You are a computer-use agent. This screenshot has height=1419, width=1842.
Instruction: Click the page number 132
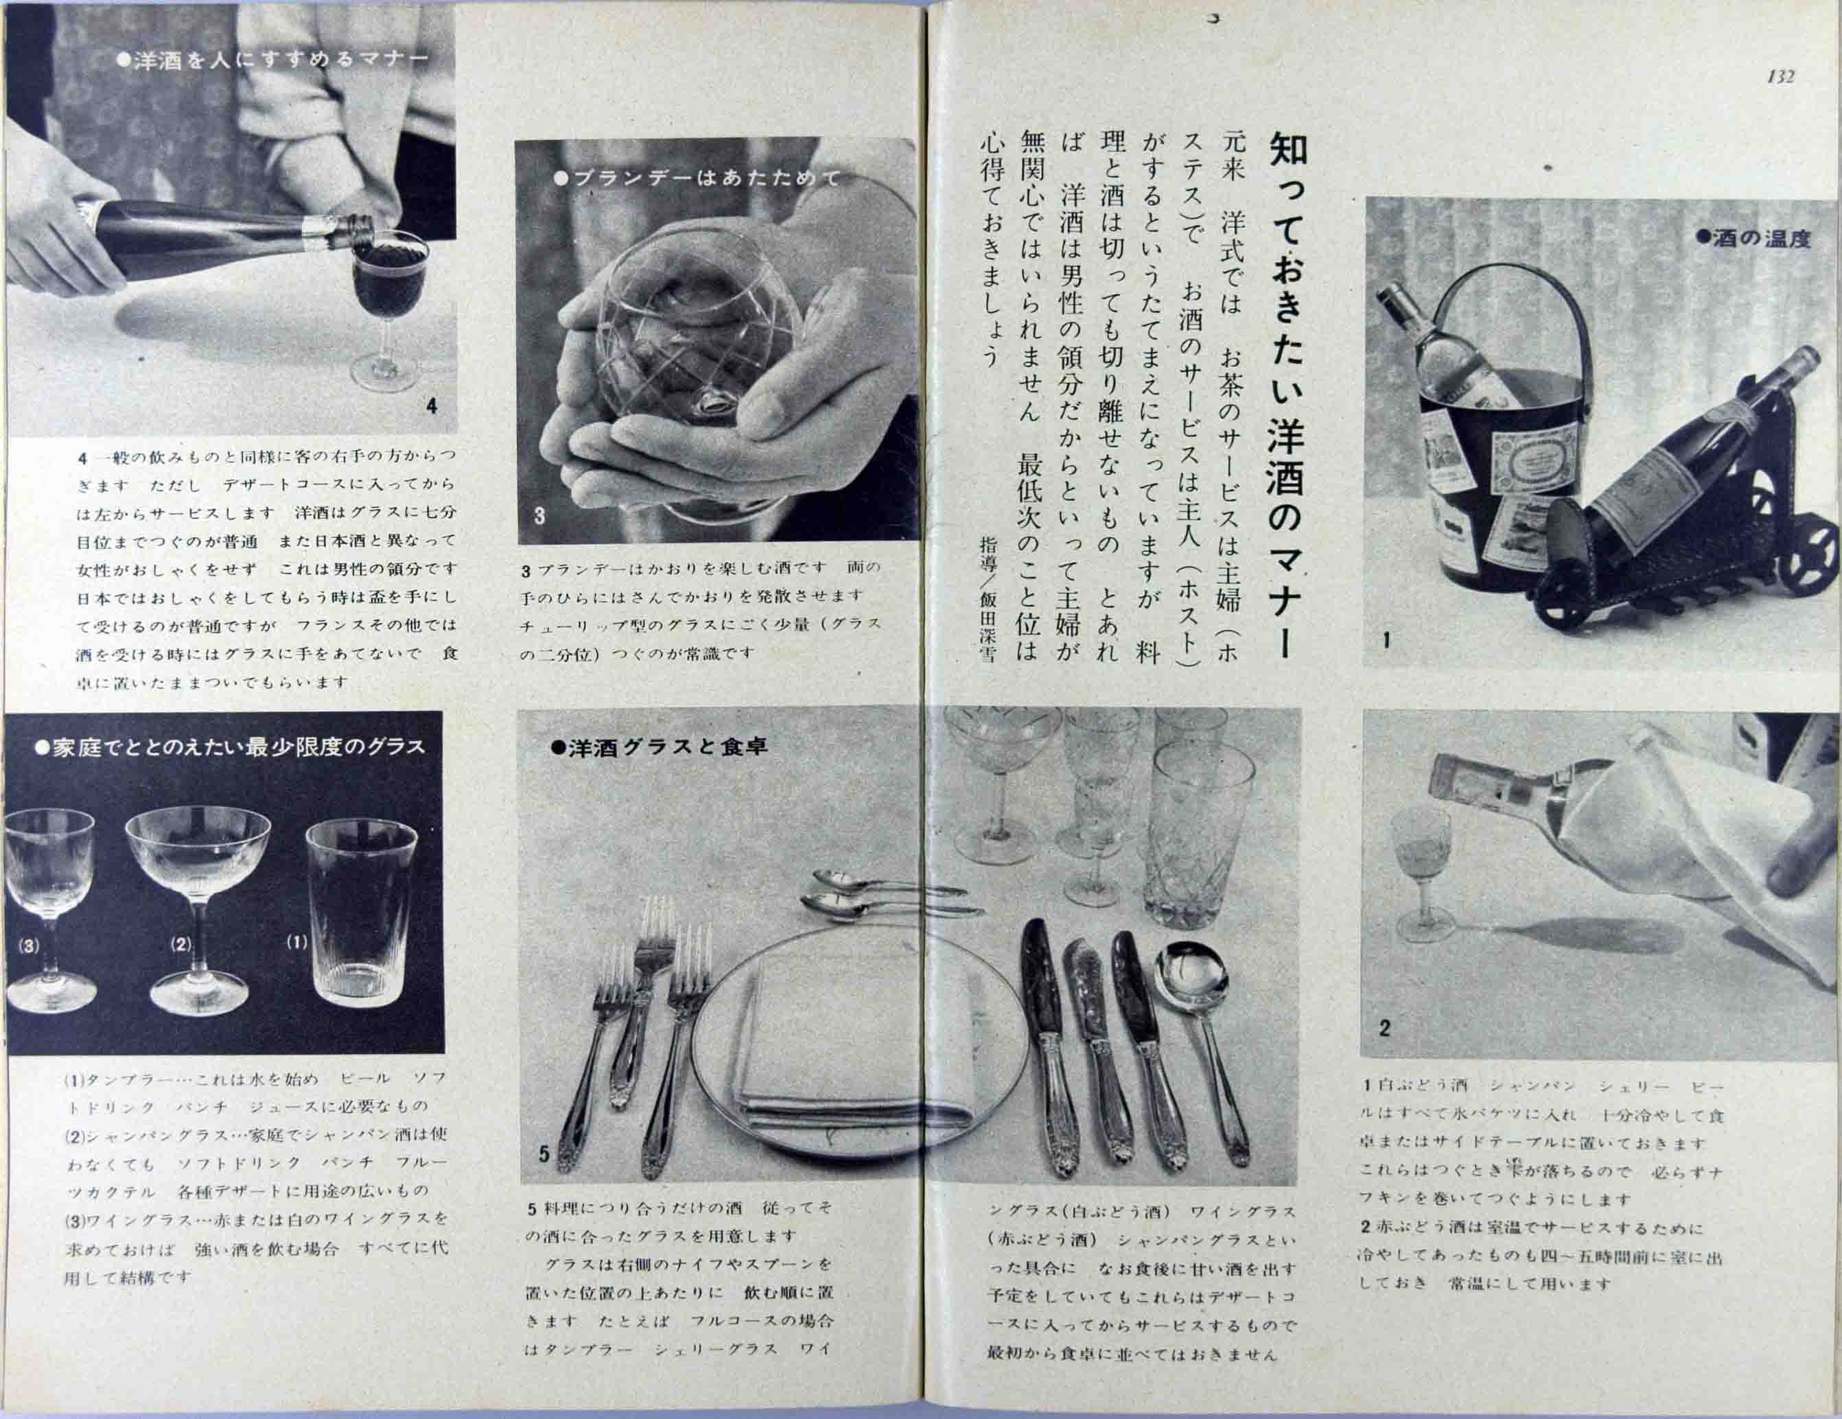tap(1780, 77)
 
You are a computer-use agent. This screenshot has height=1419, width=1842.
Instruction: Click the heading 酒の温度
tap(1754, 239)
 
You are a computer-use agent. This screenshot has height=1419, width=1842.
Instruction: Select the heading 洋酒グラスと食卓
tap(659, 747)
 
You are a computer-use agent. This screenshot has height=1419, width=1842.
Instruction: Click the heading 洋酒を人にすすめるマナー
tap(273, 60)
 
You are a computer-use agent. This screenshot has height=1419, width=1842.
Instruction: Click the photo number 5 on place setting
tap(544, 1153)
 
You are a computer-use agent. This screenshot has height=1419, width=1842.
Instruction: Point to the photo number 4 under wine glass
tap(432, 406)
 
